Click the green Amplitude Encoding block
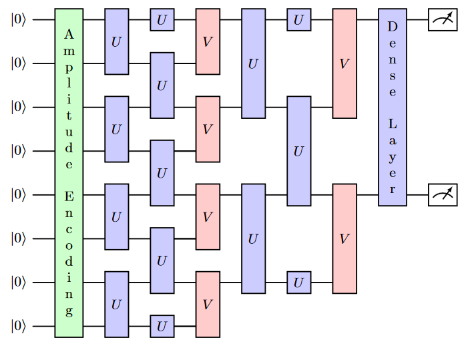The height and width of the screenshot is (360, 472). pos(69,173)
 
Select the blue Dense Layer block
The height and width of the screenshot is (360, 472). pos(392,107)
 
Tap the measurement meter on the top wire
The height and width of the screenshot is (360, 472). pos(443,20)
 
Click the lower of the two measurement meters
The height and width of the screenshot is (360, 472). pos(443,194)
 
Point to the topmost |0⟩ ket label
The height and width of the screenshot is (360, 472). pos(18,20)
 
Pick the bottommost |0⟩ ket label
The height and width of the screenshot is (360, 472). pos(18,326)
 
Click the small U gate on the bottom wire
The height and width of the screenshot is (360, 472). pos(162,326)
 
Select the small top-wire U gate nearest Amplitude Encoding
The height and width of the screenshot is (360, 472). pos(162,20)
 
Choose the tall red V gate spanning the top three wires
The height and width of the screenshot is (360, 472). pos(344,63)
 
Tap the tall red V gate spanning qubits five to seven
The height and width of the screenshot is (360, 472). pos(344,238)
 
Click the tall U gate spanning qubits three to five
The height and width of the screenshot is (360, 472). pos(298,151)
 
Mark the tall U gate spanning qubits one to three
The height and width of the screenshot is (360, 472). pos(253,63)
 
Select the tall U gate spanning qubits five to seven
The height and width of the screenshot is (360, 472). pos(253,238)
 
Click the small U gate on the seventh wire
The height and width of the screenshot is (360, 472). pos(298,283)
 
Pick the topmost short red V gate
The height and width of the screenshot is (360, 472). pos(208,41)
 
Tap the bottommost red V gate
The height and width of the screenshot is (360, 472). pos(208,304)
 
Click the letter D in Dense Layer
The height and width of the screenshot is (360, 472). pos(392,27)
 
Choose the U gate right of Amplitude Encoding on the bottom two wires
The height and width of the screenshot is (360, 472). pos(117,304)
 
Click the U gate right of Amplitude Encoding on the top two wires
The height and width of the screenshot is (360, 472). pos(117,41)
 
